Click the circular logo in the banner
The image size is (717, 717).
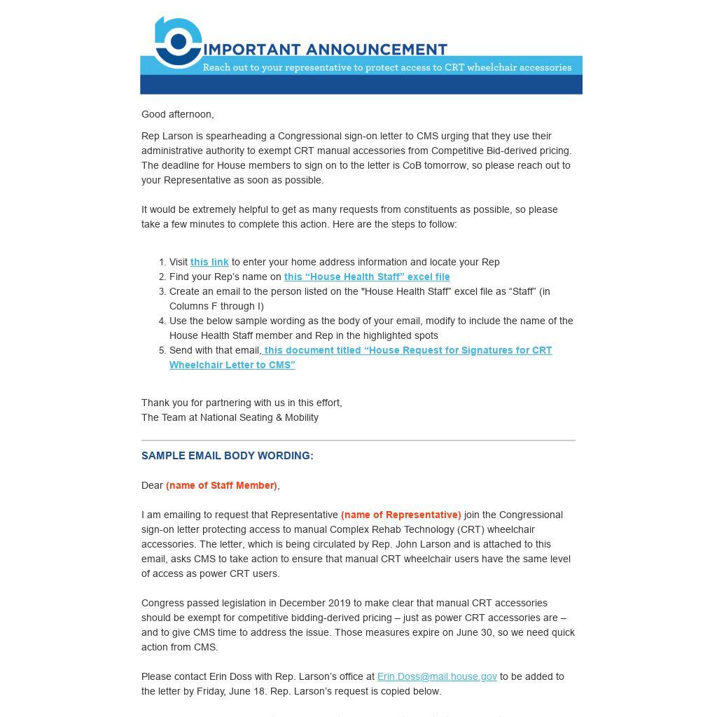[x=178, y=43]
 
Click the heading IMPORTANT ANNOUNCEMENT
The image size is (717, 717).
[x=326, y=49]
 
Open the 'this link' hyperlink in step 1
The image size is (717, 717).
[x=209, y=262]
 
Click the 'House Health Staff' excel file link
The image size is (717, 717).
[x=367, y=277]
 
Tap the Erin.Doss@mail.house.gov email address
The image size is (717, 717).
[x=437, y=676]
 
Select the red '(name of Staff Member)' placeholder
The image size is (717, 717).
[x=221, y=485]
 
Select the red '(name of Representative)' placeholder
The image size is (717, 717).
[x=401, y=515]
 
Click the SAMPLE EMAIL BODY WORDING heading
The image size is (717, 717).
[x=228, y=456]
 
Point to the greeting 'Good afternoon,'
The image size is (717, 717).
[x=178, y=114]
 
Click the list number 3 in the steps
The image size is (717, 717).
[x=162, y=291]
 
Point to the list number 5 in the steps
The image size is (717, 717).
[x=162, y=350]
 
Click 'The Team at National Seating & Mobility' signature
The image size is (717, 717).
[x=230, y=417]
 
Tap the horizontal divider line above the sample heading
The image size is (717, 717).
[x=358, y=440]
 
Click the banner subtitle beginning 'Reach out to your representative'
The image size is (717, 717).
[x=387, y=68]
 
